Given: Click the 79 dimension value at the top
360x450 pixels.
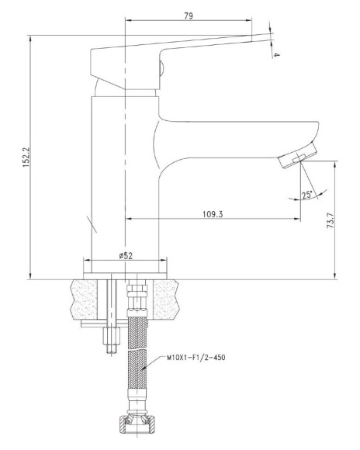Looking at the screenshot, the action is click(189, 16).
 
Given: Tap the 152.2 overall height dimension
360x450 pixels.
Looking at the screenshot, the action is click(26, 157).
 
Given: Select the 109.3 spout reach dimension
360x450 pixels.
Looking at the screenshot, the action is click(213, 214).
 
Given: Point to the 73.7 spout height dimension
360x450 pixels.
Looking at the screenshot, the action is click(331, 220).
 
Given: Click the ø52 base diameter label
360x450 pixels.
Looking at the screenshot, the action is click(126, 255).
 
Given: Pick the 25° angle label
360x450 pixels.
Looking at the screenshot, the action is click(307, 195).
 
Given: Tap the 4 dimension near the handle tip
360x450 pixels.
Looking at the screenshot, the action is click(275, 54).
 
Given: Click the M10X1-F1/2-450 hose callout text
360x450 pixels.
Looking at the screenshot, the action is click(196, 358).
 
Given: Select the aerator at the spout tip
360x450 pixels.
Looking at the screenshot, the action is click(298, 156).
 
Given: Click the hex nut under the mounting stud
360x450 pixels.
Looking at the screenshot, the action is click(111, 336).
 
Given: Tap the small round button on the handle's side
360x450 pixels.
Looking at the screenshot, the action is click(161, 69).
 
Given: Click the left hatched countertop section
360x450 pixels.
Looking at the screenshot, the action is click(84, 299).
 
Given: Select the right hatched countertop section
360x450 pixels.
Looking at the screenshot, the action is click(164, 299).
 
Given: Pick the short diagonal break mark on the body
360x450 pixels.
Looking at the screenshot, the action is click(92, 224).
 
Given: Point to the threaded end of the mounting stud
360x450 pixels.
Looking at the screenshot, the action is click(111, 350).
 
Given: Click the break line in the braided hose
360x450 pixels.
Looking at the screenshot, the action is click(137, 350).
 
